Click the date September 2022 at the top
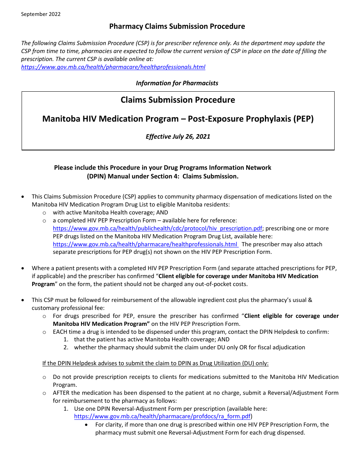pos(41,14)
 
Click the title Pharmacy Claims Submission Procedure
pos(177,26)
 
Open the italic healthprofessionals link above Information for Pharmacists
pos(113,67)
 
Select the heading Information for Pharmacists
pos(177,83)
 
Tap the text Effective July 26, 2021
pos(178,136)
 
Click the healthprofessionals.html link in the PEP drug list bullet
pos(146,244)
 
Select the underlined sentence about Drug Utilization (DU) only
pos(155,363)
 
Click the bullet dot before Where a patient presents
pos(23,268)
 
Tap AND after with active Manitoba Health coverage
pos(162,213)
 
